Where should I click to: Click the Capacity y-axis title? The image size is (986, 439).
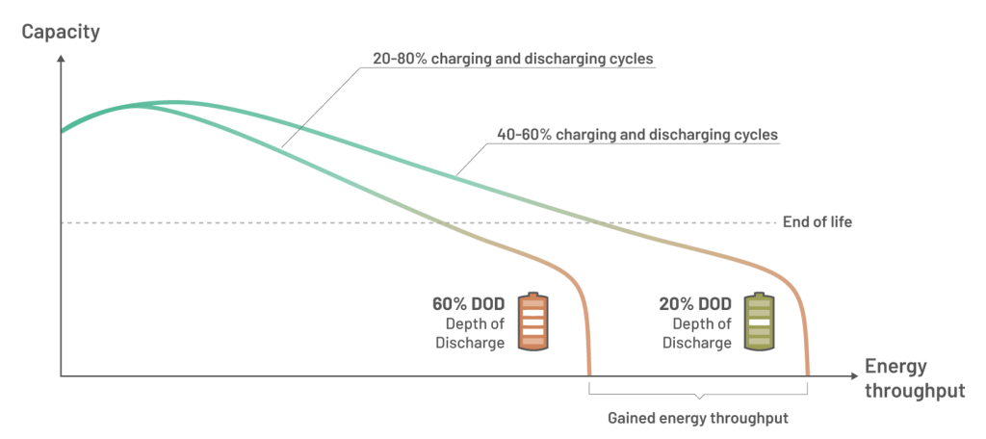[61, 31]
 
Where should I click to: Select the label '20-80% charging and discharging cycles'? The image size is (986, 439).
[512, 60]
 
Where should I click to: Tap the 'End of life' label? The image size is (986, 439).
[817, 222]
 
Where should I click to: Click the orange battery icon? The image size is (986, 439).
[532, 322]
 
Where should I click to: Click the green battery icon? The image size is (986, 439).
[759, 322]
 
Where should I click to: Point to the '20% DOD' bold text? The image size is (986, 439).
[694, 304]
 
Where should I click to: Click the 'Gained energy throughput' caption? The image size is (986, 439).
[698, 419]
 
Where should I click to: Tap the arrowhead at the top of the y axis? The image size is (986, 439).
[61, 58]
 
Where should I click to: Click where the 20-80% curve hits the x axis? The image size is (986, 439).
[588, 374]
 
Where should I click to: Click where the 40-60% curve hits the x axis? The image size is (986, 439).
[807, 374]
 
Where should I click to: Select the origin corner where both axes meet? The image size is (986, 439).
[61, 375]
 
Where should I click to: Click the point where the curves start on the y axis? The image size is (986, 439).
[62, 131]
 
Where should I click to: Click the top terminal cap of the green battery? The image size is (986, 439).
[759, 294]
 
